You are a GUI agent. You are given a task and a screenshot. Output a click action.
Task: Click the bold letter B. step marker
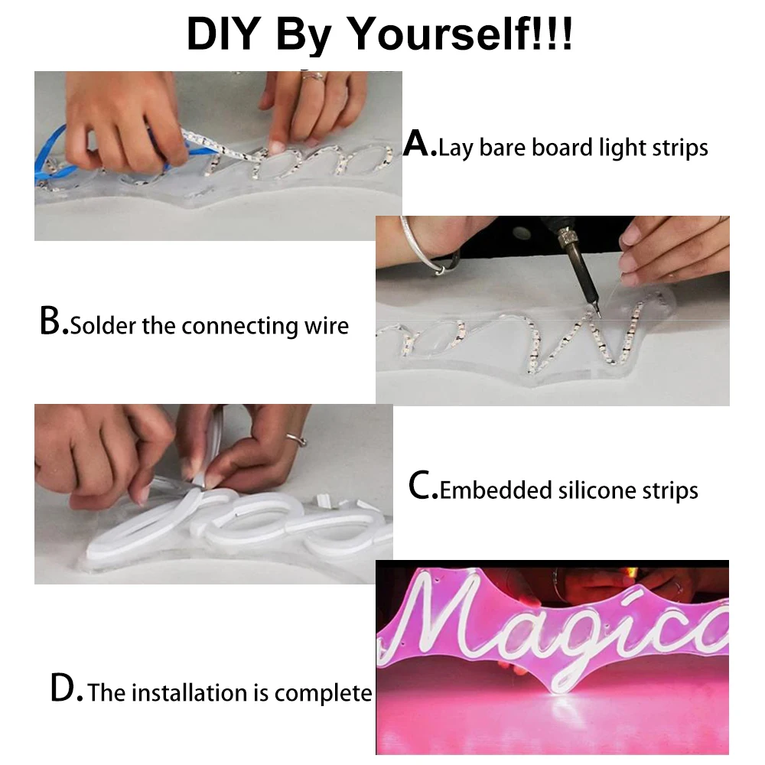[54, 322]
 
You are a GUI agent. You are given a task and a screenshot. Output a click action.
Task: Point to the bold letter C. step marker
[423, 487]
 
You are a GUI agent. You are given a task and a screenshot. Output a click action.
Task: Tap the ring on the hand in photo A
[314, 76]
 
